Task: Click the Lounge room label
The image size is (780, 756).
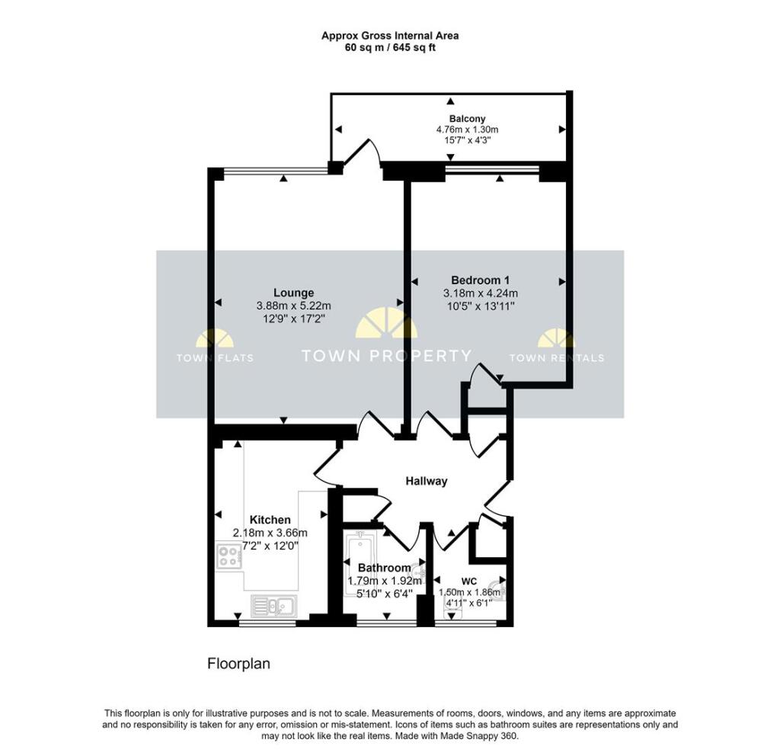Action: (294, 293)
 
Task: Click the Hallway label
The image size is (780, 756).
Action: (426, 481)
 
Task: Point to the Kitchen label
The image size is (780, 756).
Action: (270, 520)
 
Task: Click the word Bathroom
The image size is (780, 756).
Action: (385, 568)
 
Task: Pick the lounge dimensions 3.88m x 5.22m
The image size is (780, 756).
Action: (294, 306)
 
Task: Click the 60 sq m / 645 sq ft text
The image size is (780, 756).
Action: (389, 47)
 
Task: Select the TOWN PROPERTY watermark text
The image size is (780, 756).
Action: (387, 355)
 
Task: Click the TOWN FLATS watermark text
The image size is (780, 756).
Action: (215, 357)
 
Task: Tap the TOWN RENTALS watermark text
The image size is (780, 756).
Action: (556, 357)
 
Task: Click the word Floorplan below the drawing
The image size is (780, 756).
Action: (239, 664)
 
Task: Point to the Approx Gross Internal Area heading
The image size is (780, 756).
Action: (389, 35)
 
